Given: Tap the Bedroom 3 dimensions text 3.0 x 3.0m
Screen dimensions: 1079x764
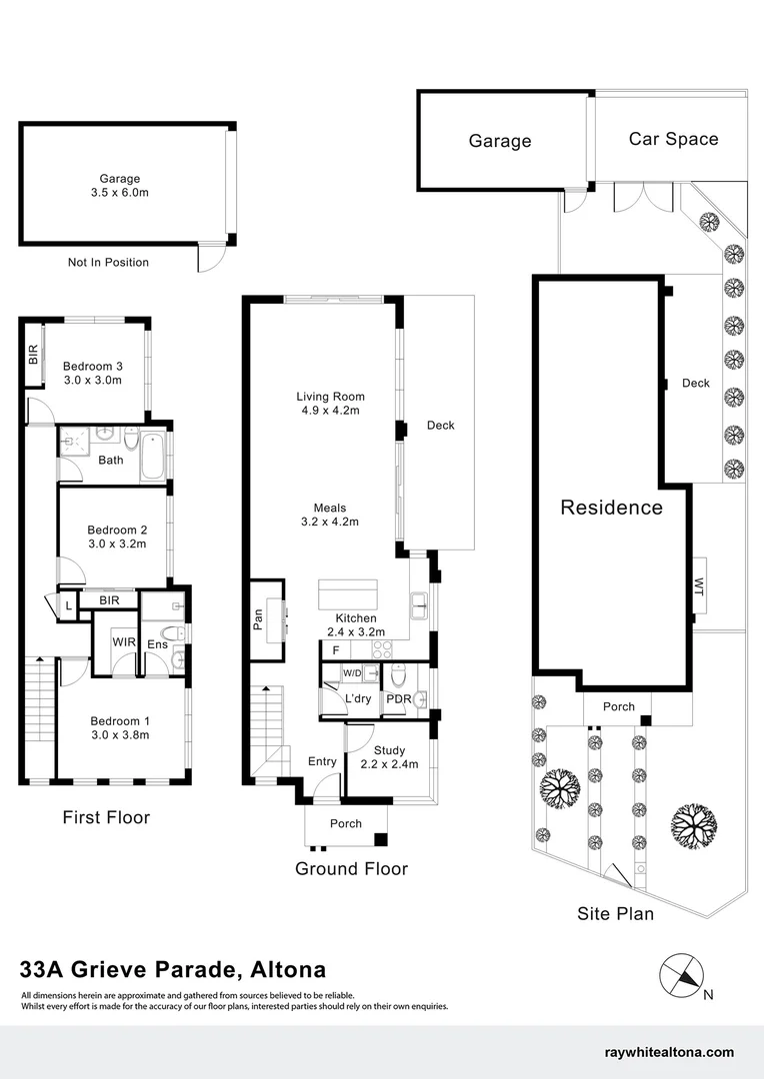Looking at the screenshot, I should [x=92, y=380].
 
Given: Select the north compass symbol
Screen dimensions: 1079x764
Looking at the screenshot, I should [x=682, y=975].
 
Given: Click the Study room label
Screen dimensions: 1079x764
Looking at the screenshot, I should [x=389, y=750].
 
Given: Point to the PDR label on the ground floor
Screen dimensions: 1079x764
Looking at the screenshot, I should [x=399, y=698].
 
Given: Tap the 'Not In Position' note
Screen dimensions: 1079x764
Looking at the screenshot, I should [x=108, y=263].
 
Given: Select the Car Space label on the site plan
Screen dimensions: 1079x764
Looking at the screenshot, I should [x=673, y=139].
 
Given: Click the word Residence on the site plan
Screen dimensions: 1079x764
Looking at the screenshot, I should [x=611, y=508].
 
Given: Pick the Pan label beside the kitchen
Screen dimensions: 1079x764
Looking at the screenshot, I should [x=258, y=620].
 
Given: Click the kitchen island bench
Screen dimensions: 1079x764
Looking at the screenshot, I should [x=346, y=595].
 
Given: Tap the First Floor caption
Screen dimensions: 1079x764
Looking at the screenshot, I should [x=106, y=817].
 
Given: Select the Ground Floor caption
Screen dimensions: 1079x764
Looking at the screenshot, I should [x=351, y=868].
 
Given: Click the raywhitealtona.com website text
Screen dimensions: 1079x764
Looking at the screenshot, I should [x=669, y=1052].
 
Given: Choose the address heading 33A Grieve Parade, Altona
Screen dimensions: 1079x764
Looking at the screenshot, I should [x=173, y=969].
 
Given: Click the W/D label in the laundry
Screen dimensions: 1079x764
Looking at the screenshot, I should [x=353, y=672].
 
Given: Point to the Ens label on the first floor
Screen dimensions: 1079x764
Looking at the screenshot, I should [x=157, y=645].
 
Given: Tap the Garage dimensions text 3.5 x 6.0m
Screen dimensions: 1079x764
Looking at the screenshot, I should [x=119, y=193].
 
